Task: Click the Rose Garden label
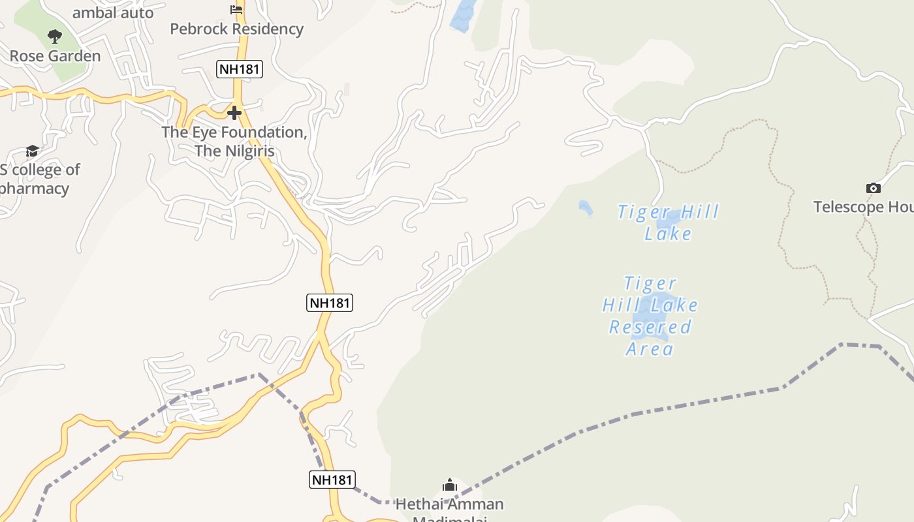[x=55, y=56]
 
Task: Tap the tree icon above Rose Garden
[x=55, y=37]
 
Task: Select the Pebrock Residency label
[x=236, y=29]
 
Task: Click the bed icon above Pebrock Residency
[x=236, y=9]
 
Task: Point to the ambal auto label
[x=113, y=12]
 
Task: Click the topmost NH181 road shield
[x=240, y=69]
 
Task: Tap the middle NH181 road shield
[x=330, y=303]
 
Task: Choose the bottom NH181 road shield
[x=332, y=480]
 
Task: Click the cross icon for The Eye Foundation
[x=234, y=113]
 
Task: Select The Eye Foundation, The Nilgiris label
[x=234, y=142]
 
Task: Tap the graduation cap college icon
[x=32, y=151]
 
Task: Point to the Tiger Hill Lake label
[x=668, y=223]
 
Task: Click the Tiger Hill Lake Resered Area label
[x=650, y=316]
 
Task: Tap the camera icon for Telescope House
[x=873, y=189]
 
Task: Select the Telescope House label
[x=863, y=207]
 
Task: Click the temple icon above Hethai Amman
[x=449, y=485]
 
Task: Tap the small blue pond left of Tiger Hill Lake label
[x=586, y=207]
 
